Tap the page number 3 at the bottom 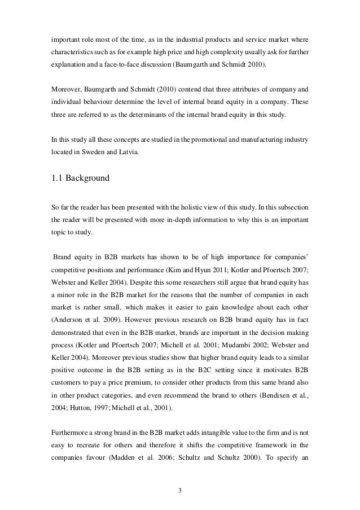click(180, 489)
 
